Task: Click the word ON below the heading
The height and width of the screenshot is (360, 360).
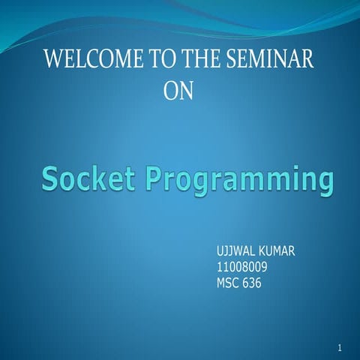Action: click(x=178, y=91)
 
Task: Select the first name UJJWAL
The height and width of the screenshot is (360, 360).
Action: click(x=236, y=250)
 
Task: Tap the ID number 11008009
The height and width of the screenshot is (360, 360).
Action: click(x=242, y=266)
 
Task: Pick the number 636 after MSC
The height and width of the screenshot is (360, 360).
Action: click(x=252, y=283)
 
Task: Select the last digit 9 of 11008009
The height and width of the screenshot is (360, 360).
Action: click(x=265, y=266)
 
